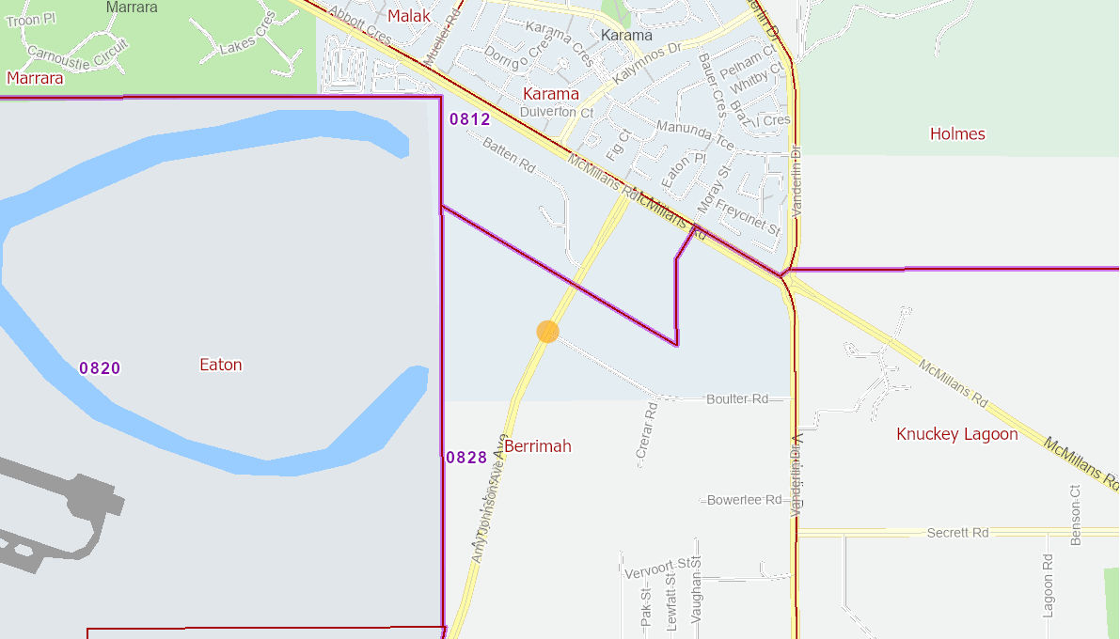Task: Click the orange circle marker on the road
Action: (547, 331)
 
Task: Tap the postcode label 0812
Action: (469, 119)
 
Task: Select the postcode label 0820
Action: (100, 368)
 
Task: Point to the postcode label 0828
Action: (466, 458)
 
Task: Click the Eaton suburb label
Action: (221, 365)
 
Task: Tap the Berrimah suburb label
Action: (538, 446)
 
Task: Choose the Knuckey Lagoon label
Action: (957, 434)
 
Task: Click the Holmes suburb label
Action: (957, 134)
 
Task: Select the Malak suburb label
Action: (409, 16)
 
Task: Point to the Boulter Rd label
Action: (737, 399)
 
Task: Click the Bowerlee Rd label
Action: (744, 500)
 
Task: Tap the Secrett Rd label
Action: (957, 533)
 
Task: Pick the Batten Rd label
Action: (509, 155)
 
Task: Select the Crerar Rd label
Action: (645, 430)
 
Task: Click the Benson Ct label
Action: (1076, 515)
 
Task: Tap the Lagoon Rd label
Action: (1048, 584)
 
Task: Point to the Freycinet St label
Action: (748, 216)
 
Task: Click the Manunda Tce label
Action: (695, 133)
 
